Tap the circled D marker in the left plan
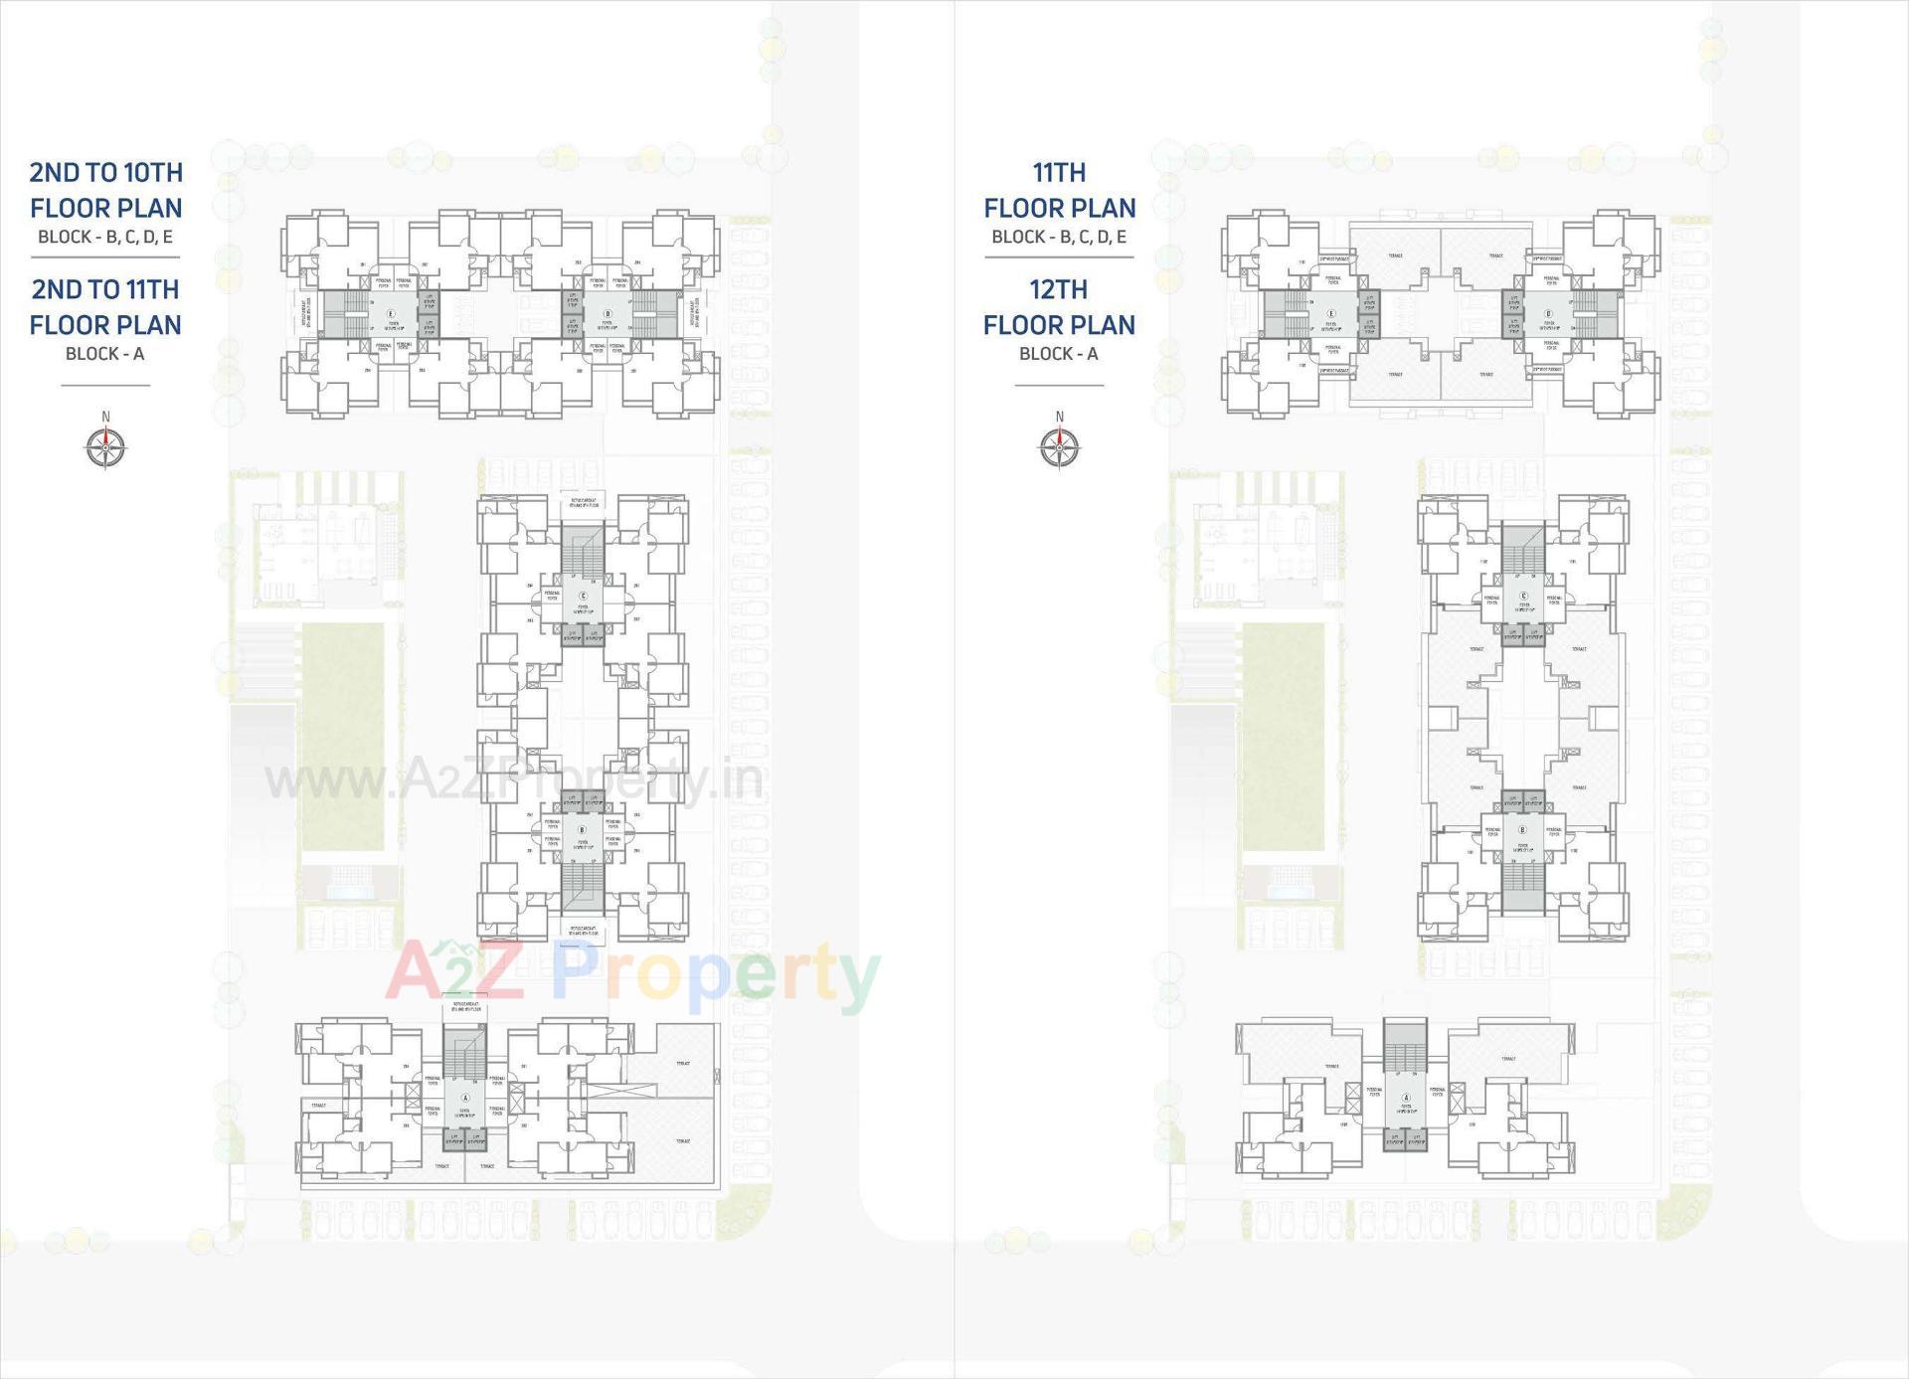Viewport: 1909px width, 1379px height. [607, 314]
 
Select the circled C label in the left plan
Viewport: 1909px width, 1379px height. [583, 597]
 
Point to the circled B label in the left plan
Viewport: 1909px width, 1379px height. [583, 829]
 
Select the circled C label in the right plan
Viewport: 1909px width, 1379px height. [1522, 597]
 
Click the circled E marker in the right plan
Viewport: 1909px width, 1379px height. [1331, 314]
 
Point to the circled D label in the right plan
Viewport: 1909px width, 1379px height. [1548, 314]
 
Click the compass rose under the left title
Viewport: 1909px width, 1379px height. [105, 446]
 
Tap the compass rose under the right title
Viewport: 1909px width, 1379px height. [1060, 446]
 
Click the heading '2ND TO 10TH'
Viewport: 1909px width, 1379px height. [106, 173]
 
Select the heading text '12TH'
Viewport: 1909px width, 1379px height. [1059, 289]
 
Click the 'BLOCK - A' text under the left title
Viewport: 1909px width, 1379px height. [105, 354]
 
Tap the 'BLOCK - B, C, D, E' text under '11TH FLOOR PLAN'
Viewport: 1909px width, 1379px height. [1059, 237]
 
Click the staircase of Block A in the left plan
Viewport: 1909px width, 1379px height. [464, 1054]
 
